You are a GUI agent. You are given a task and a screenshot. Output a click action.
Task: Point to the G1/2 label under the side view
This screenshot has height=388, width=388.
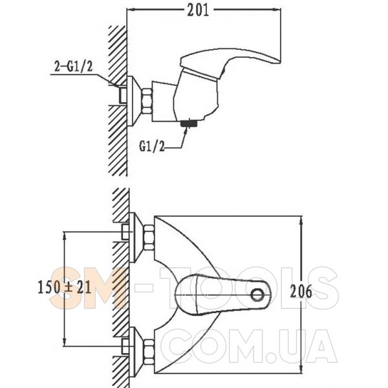click(152, 147)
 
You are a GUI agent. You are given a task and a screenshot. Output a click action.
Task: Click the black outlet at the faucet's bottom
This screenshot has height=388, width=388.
click(188, 122)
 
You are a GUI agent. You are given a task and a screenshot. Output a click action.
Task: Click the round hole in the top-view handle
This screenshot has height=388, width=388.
click(259, 296)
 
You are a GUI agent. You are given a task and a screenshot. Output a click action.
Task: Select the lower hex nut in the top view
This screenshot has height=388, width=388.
click(147, 349)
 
